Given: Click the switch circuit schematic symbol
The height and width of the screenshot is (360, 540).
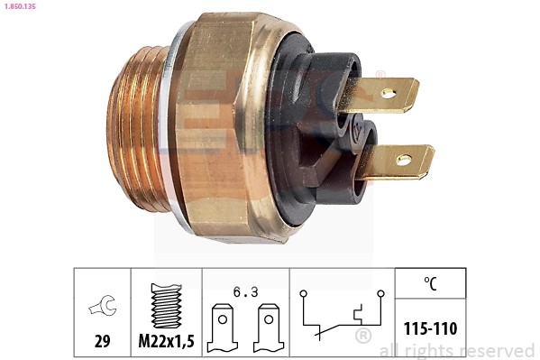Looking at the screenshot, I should pyautogui.click(x=343, y=316).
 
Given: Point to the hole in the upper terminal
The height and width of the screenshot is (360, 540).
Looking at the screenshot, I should pyautogui.click(x=389, y=92).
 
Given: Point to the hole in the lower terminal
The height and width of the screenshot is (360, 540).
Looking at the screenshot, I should pyautogui.click(x=403, y=162).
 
